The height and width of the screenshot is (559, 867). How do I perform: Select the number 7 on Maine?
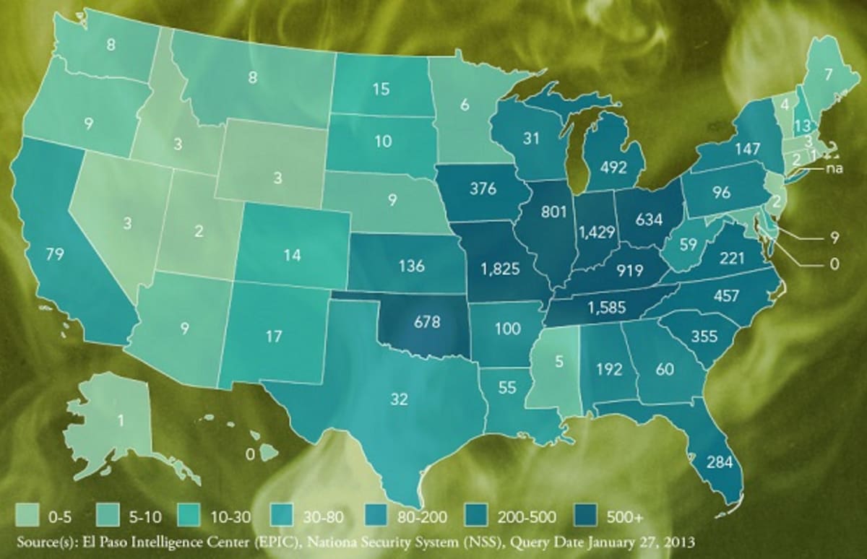tap(828, 74)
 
